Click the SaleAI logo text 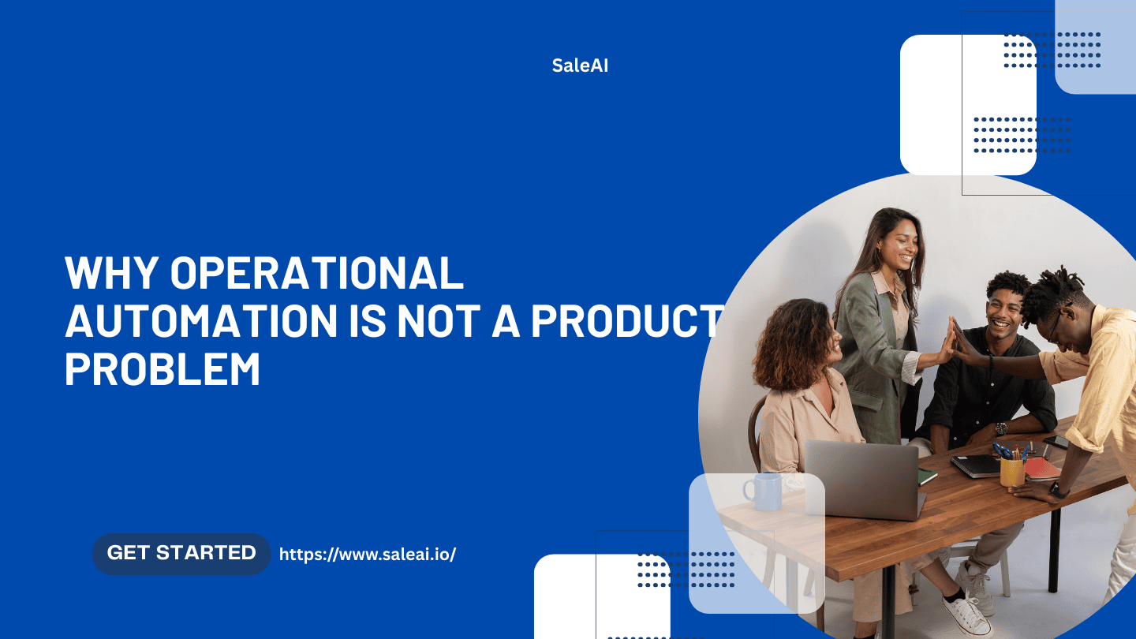coord(580,65)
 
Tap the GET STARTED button coord(181,553)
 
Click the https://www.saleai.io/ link coord(368,555)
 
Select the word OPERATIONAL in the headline coord(316,273)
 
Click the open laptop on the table coord(865,480)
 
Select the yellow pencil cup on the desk coord(1012,472)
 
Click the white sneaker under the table coord(966,613)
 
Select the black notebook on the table coord(976,465)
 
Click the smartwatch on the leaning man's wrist coord(1058,490)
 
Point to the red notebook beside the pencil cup coord(1041,469)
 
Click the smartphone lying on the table coord(1056,442)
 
